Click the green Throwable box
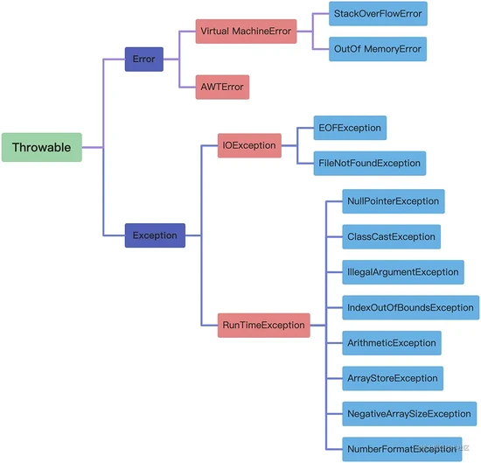coord(42,147)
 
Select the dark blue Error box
coord(144,60)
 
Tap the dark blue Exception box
coord(155,235)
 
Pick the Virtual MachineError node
coord(246,32)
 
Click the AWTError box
coord(222,88)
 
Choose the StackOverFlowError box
coord(378,14)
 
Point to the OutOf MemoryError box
coord(378,49)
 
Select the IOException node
coord(249,145)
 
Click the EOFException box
coord(350,128)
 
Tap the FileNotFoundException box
coord(370,164)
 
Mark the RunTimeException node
coord(264,326)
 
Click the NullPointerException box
coord(394,201)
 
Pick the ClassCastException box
coord(392,236)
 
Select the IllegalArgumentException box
coord(403,272)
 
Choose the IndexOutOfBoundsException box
coord(411,307)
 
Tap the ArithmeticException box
coord(392,343)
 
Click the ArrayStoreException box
coord(393,378)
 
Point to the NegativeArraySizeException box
coord(409,414)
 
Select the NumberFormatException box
coord(402,449)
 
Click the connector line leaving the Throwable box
coord(93,148)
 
